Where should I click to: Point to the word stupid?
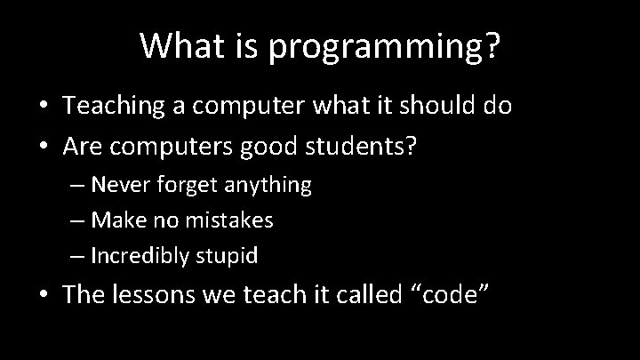[227, 257]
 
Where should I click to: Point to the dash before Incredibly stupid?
[76, 258]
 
